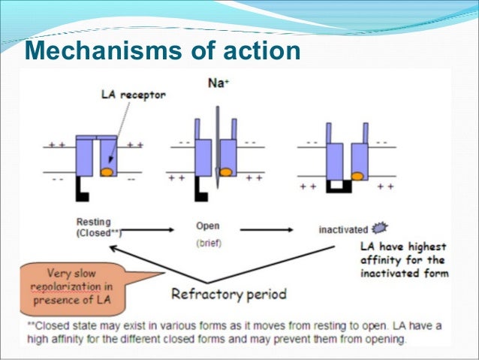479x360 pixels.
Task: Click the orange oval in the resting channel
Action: coord(108,172)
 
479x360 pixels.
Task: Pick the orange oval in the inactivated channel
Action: coord(357,176)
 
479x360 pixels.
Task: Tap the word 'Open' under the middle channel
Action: coord(208,225)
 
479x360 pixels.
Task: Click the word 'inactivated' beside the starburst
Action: coord(342,228)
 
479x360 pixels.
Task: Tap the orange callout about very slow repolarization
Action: coord(71,285)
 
